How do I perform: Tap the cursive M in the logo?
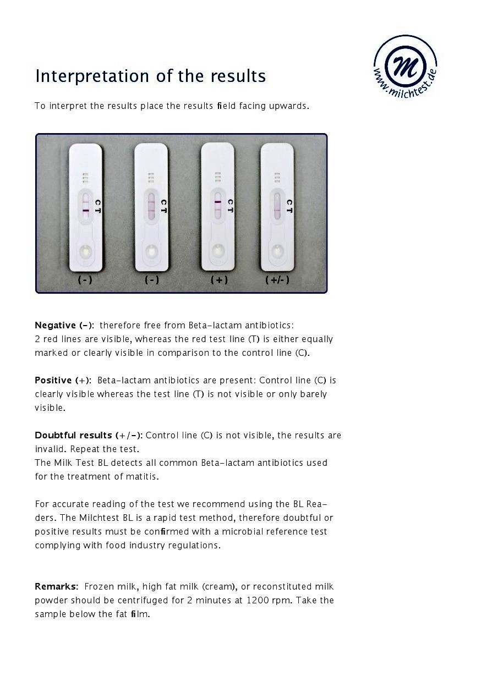(406, 65)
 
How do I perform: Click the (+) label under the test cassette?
(219, 279)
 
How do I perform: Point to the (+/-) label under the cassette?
(277, 279)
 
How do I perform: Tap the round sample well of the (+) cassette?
(218, 250)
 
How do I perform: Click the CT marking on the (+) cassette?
(230, 206)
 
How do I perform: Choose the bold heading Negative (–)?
(64, 326)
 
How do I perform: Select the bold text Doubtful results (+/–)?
(89, 436)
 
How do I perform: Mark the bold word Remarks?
(56, 587)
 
